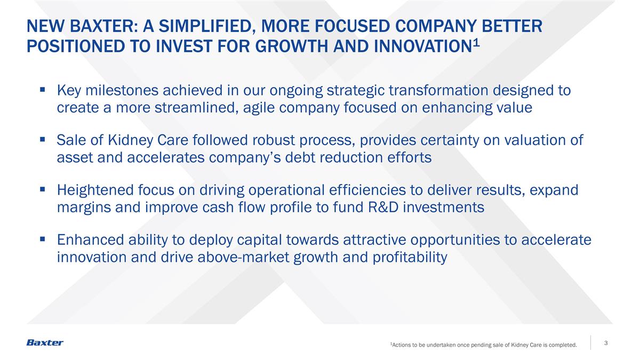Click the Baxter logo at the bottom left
[45, 342]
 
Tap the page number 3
[606, 343]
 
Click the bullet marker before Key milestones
[42, 91]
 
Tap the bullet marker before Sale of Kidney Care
[42, 141]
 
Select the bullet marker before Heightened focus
[42, 190]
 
